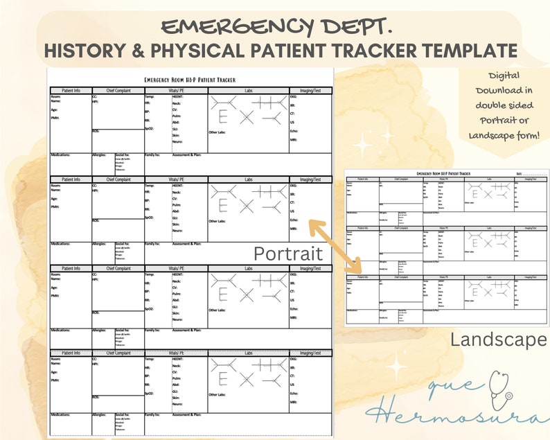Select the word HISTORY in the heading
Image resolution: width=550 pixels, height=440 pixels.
(87, 51)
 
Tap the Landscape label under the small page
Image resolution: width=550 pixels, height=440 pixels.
(498, 340)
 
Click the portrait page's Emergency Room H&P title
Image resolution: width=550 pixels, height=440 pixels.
(190, 80)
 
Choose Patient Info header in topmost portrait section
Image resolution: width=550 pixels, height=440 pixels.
(70, 91)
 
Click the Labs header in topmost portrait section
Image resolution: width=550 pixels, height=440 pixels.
(248, 91)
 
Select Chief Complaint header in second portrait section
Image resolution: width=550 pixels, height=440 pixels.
(118, 179)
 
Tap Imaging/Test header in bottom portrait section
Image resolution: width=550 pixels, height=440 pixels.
(310, 353)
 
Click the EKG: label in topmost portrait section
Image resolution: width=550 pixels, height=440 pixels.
(293, 98)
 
